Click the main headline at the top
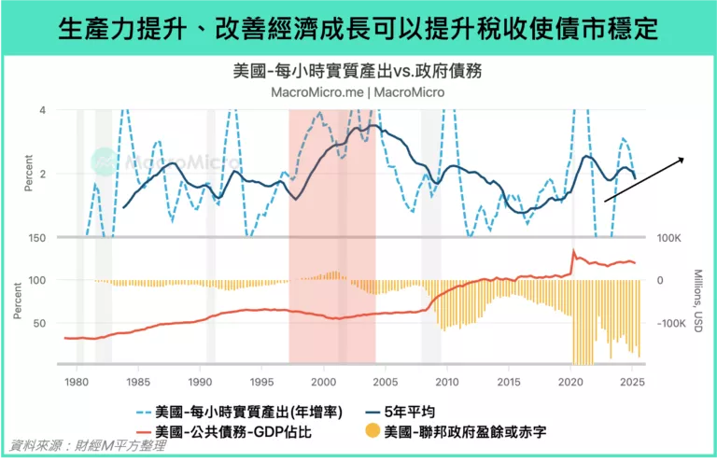point(358,29)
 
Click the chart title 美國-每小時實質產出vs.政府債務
point(358,71)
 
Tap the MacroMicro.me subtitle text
point(358,91)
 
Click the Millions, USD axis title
point(697,301)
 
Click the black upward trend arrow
point(644,179)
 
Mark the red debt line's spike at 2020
point(573,251)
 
